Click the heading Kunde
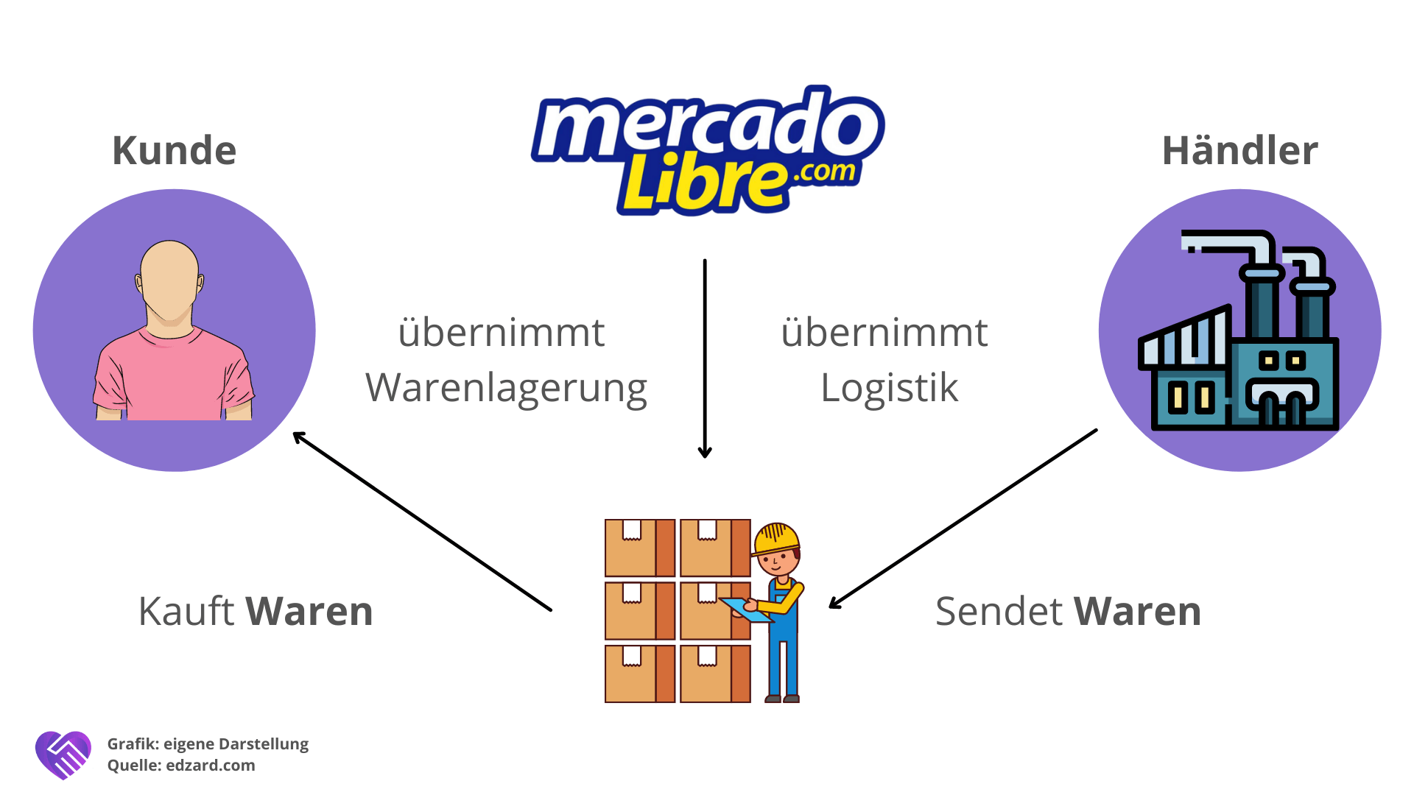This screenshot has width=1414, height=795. click(x=174, y=151)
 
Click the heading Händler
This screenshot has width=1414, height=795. click(x=1239, y=151)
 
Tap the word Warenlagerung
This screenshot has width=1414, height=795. click(x=506, y=388)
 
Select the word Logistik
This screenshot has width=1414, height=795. click(x=889, y=388)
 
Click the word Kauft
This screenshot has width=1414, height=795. click(x=186, y=611)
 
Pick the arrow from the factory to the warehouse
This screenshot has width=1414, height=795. click(x=963, y=518)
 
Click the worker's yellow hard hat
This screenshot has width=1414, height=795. click(x=776, y=538)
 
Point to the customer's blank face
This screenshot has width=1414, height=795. click(x=169, y=280)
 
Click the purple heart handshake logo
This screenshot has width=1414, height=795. click(x=63, y=755)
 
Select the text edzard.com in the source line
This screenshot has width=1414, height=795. click(x=211, y=766)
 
